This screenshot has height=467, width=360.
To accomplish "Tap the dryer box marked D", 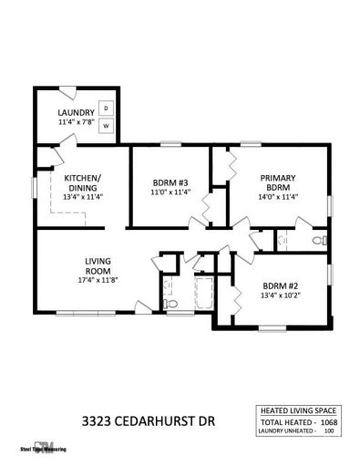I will pyautogui.click(x=106, y=107).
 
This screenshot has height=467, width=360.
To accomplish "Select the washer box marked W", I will pyautogui.click(x=106, y=125).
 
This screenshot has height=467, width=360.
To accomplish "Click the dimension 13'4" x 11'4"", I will pyautogui.click(x=83, y=197).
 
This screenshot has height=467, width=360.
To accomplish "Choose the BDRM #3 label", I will pyautogui.click(x=170, y=182).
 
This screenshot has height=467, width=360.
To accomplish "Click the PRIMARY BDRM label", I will pyautogui.click(x=279, y=182).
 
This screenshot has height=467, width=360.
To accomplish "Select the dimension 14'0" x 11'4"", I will pyautogui.click(x=279, y=196).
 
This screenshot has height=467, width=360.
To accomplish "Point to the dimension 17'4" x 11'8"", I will pyautogui.click(x=98, y=279).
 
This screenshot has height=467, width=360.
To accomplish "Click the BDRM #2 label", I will pyautogui.click(x=281, y=285).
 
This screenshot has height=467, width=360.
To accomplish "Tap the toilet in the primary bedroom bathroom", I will pyautogui.click(x=317, y=241).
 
